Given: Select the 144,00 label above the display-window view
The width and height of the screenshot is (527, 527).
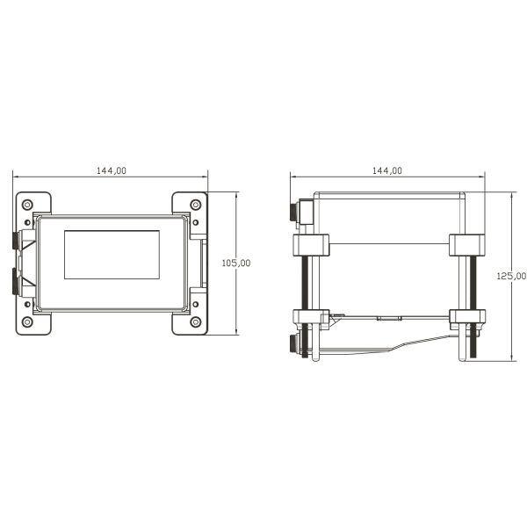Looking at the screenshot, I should [111, 170].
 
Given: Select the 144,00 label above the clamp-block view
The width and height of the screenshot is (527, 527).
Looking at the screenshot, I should [387, 170].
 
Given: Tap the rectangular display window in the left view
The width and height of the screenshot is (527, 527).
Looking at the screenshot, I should [111, 255].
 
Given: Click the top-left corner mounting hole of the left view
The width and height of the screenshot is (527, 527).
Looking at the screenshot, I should [27, 204].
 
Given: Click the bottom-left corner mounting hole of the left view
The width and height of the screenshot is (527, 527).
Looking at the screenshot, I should [27, 322].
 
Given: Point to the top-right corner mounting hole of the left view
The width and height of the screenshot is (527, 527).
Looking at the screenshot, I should [194, 204].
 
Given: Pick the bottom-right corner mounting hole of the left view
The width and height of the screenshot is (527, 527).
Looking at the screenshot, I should [194, 322].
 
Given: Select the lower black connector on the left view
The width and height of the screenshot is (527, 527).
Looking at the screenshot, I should [16, 281].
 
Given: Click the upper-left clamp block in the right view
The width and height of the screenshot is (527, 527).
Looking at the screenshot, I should [309, 245].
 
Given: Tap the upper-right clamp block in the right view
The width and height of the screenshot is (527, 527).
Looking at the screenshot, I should [466, 245].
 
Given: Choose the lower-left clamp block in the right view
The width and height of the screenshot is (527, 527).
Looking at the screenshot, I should [309, 319].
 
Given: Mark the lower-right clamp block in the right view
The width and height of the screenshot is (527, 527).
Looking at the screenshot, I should [466, 319].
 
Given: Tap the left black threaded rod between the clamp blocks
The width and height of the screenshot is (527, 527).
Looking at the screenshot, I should [304, 282].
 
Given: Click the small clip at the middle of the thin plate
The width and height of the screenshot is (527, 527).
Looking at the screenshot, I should [387, 318].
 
